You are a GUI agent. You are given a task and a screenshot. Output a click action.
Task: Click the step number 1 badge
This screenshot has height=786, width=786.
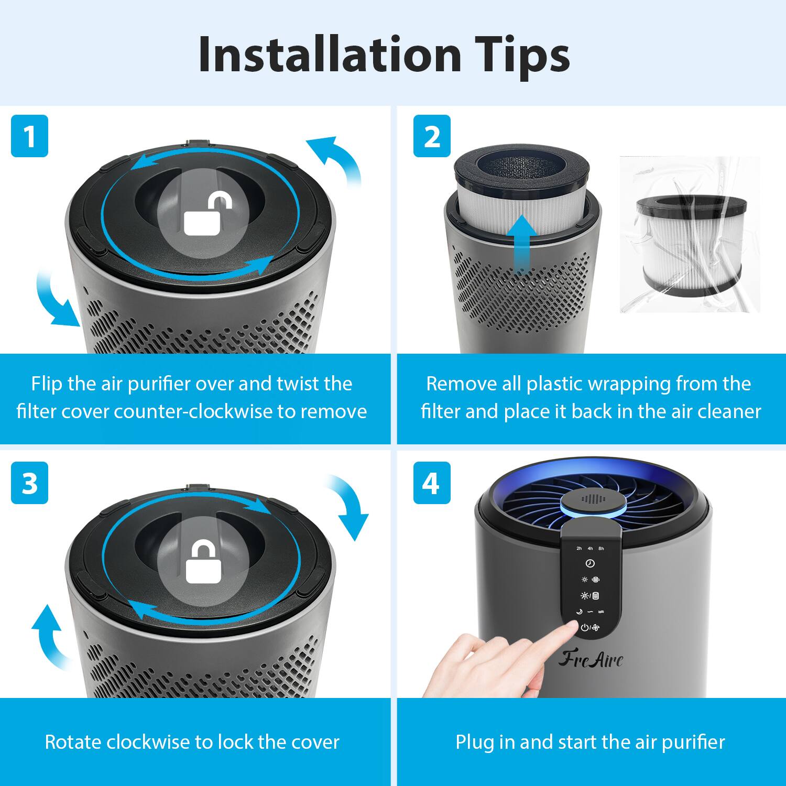29,136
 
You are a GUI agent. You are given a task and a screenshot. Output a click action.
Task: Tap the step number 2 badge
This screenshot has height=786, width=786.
432,136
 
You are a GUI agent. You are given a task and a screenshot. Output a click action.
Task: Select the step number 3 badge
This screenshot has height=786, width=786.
29,483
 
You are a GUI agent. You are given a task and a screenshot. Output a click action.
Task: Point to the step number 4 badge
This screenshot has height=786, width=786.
432,483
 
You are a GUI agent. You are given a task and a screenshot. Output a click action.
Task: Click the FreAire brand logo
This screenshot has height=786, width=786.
591,659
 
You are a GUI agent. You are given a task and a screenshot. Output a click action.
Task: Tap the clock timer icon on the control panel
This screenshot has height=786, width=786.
590,563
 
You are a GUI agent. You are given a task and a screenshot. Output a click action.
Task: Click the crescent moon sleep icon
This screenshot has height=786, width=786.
579,612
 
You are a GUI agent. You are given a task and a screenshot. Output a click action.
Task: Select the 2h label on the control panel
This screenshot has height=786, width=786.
579,549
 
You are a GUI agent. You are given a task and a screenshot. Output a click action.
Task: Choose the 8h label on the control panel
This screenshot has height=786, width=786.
601,549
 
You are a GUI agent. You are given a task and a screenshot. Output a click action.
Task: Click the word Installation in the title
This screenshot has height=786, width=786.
330,54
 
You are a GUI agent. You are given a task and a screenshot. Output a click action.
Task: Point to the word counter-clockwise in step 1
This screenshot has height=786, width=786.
193,411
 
